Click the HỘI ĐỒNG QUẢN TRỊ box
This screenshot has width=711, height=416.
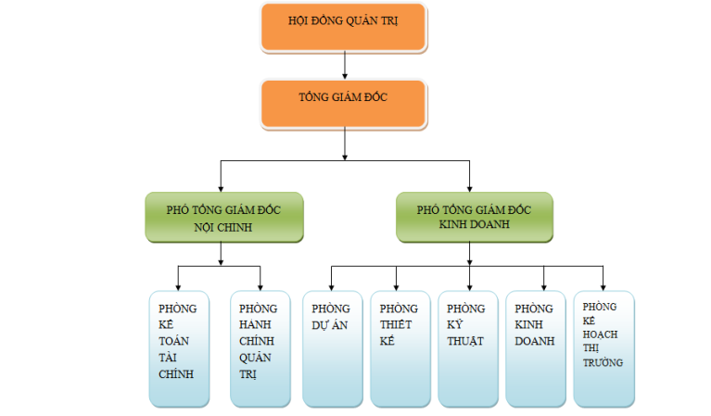click(344, 27)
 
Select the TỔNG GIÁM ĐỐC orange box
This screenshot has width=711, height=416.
click(344, 103)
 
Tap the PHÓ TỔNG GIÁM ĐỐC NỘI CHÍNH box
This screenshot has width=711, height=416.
click(223, 218)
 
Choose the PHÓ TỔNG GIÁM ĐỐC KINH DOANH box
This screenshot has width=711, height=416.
click(474, 218)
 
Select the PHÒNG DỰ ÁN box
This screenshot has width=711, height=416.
click(332, 348)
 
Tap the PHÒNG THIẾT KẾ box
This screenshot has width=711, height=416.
click(400, 348)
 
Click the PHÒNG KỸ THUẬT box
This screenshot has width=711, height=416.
click(467, 348)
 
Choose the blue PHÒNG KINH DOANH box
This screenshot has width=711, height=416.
click(535, 348)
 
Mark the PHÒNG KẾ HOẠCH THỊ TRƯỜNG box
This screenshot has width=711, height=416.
click(603, 348)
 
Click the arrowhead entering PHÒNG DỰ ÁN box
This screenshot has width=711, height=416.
click(332, 285)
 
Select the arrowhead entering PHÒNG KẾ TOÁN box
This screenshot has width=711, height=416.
click(178, 285)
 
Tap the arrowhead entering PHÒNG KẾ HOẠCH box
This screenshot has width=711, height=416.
click(603, 285)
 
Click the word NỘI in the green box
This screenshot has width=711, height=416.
click(208, 226)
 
